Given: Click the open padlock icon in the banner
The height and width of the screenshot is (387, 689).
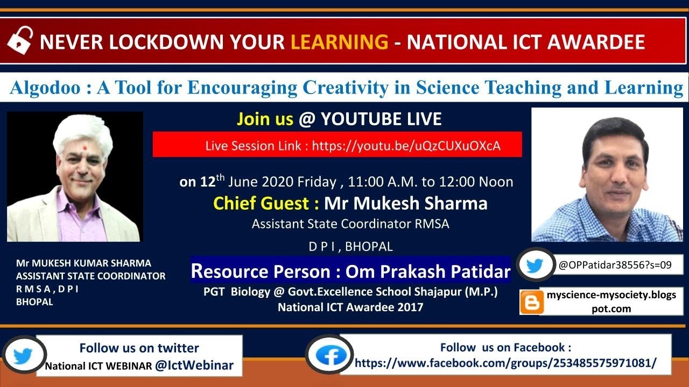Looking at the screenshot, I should point(20,41).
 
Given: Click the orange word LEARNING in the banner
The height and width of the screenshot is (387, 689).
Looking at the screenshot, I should point(339,41).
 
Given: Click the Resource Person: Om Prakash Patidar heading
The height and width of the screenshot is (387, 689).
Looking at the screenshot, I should point(350,271).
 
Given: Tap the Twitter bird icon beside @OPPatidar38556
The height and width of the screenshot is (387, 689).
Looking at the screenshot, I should point(535,265).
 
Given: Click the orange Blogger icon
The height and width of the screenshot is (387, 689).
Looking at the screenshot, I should point(531,302).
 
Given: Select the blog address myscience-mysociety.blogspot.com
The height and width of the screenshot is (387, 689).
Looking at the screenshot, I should point(611,302).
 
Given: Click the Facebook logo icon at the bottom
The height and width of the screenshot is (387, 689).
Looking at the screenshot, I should point(330,355).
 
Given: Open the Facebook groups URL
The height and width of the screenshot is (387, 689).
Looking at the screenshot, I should point(505,363).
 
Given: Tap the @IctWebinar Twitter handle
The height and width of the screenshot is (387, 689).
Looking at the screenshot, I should point(194,365).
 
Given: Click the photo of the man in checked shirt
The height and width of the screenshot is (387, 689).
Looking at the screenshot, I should point(607,175).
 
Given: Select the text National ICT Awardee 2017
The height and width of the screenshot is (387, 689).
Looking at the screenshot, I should point(350,307).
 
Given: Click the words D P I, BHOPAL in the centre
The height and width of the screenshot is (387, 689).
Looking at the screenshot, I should point(350,247).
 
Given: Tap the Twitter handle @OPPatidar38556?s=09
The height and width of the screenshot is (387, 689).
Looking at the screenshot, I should point(615,264).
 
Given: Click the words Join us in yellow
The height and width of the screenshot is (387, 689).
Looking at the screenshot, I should point(265,119).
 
